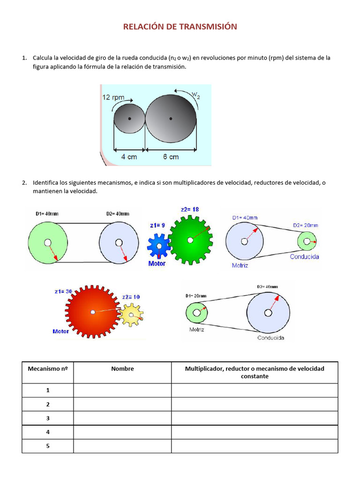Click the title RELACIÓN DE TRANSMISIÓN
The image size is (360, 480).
180,27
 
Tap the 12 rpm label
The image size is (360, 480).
113,97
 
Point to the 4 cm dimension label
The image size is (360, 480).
129,157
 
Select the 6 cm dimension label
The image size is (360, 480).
171,157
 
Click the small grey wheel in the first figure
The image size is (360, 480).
129,119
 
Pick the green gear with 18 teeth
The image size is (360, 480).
190,240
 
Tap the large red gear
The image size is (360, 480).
93,312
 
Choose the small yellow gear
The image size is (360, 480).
131,314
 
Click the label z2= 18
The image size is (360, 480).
190,210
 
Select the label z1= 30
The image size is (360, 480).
63,291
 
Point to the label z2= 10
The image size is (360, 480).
131,297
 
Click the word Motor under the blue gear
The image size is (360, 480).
157,263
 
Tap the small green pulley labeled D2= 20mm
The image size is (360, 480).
307,241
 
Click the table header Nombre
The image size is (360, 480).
122,369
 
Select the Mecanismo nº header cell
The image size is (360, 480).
48,369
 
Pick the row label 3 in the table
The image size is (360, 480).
48,418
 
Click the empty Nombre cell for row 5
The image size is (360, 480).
122,446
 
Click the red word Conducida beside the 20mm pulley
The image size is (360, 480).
304,256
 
